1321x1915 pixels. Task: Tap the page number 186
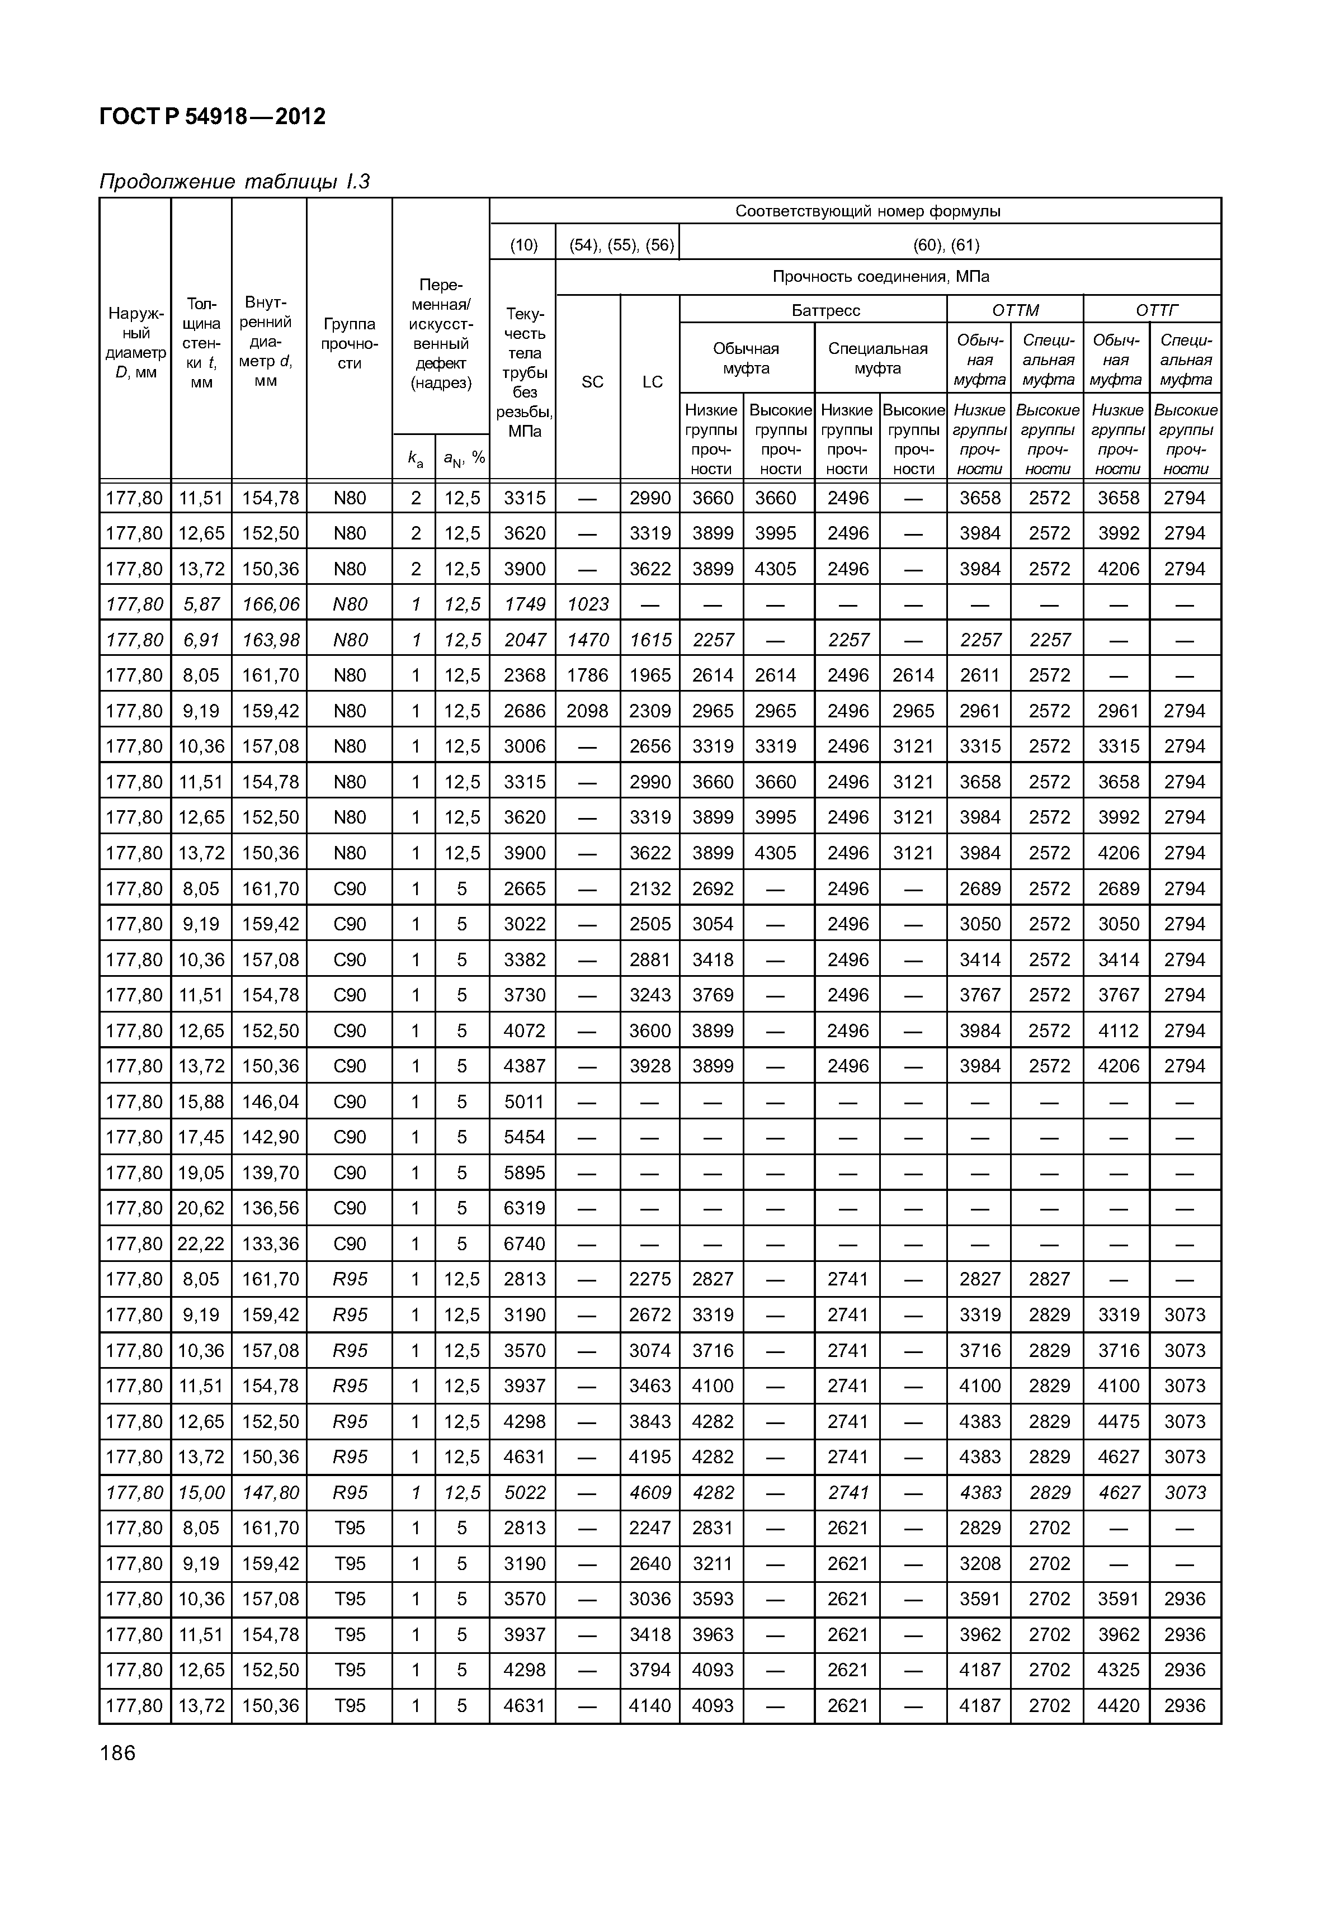(117, 1753)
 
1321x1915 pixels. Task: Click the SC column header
(593, 381)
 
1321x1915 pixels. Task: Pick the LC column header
(652, 381)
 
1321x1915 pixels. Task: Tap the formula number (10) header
(523, 245)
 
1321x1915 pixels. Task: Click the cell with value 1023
(588, 604)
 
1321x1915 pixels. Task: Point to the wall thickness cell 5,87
(201, 604)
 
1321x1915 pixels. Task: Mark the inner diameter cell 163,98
(270, 640)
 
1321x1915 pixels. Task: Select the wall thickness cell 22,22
(201, 1244)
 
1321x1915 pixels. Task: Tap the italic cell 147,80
(270, 1492)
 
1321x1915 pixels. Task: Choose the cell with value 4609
(650, 1492)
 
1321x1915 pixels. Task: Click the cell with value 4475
(1118, 1421)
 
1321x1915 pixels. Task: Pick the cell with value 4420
(1118, 1706)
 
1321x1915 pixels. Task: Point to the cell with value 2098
(588, 711)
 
